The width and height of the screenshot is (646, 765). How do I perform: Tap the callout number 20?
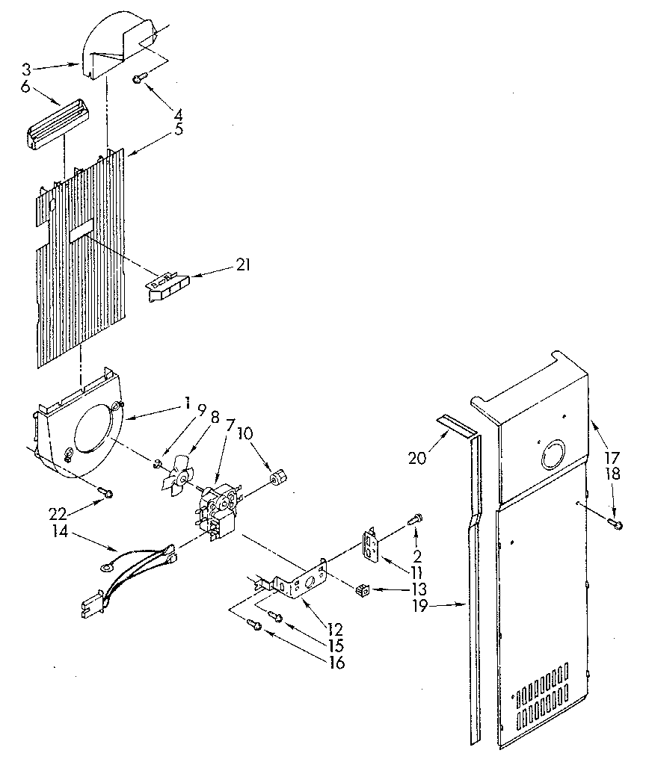417,457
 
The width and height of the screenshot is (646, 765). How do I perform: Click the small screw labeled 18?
615,523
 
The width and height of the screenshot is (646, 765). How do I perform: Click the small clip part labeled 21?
168,288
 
